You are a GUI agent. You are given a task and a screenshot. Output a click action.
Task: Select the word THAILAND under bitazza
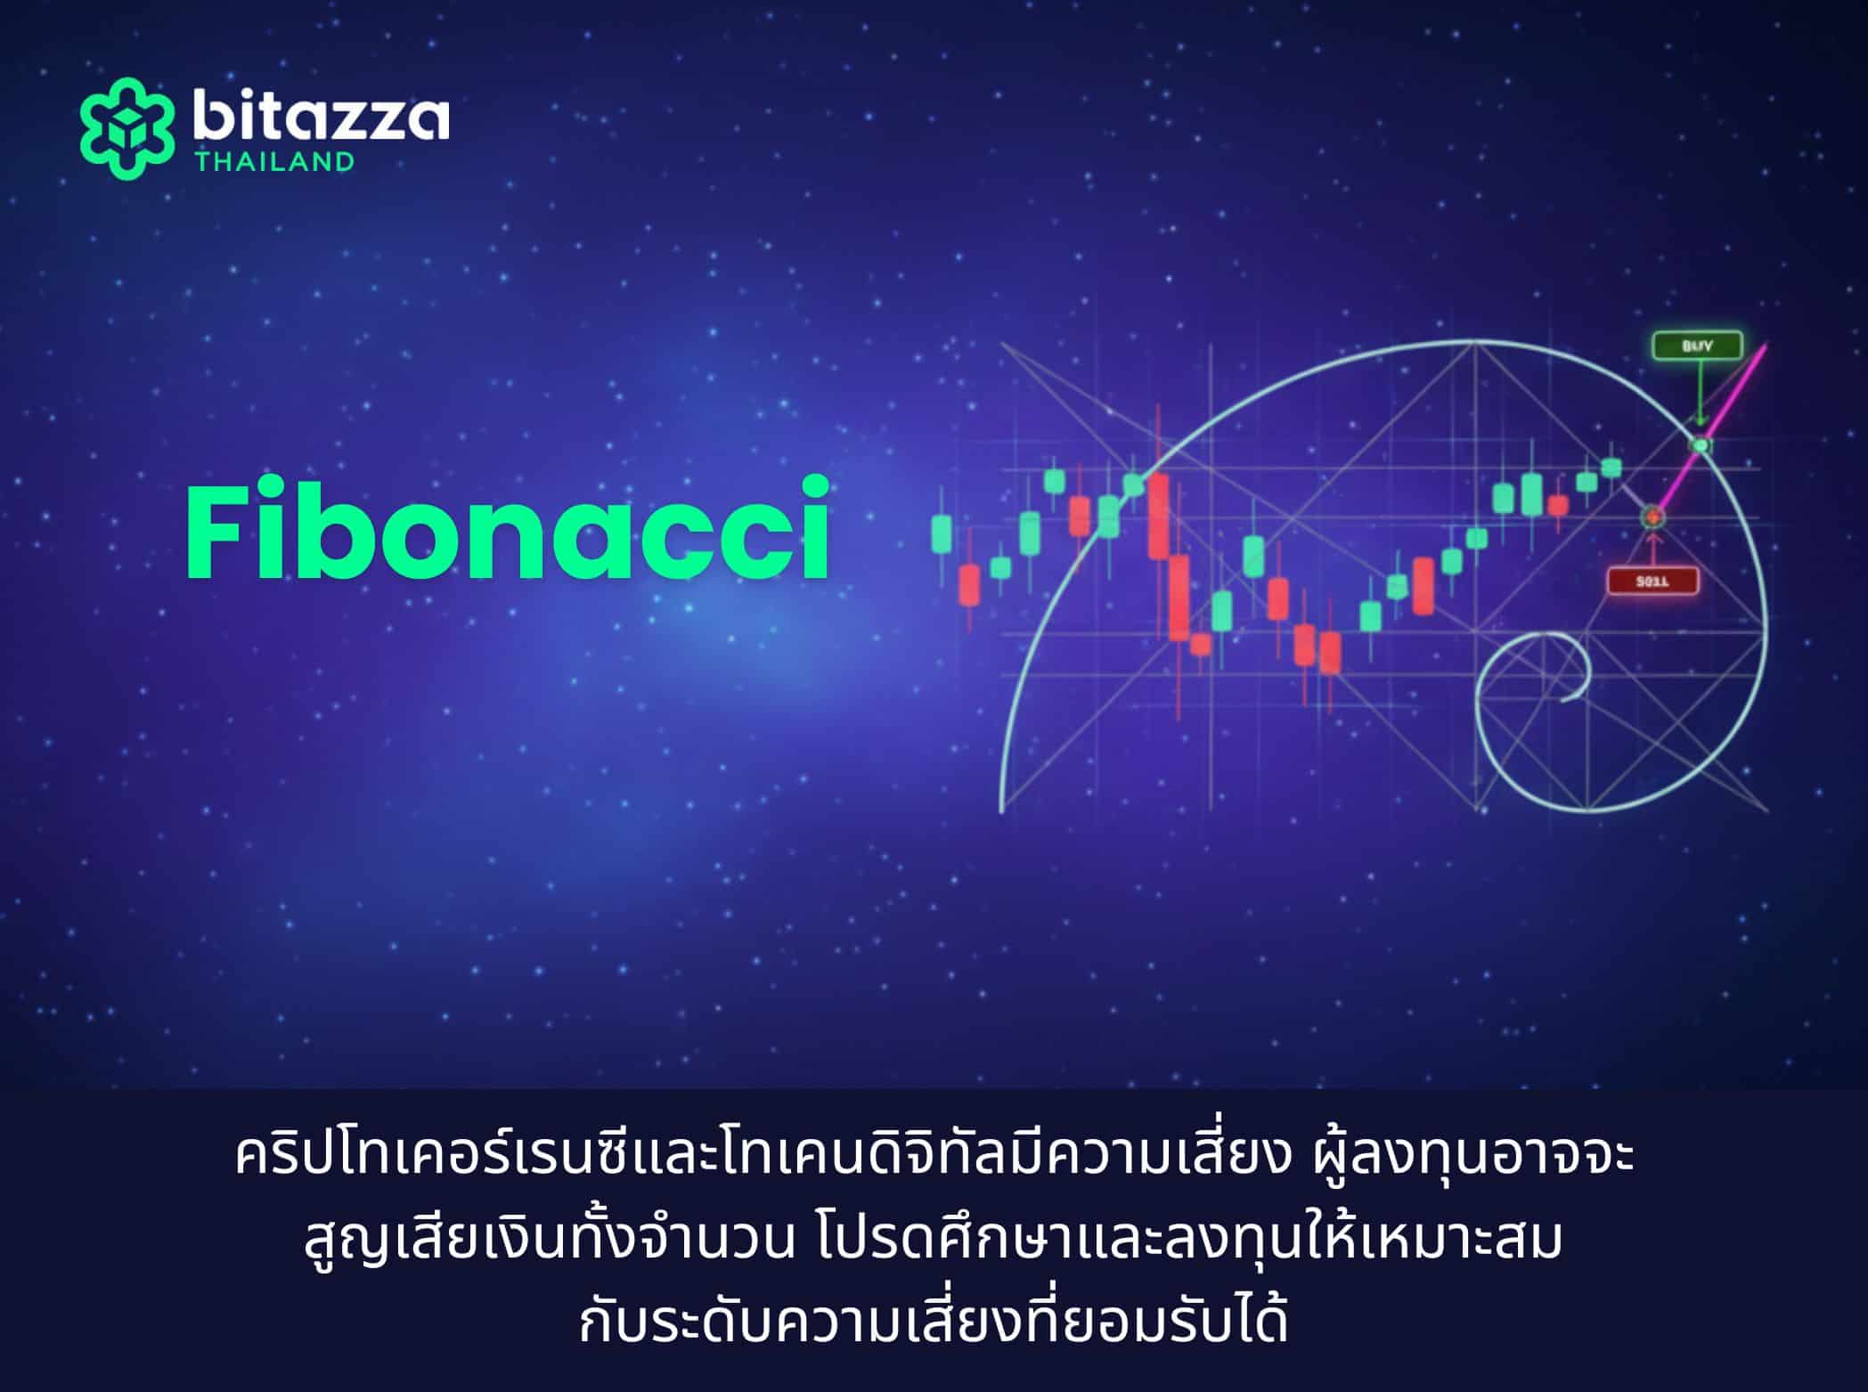pyautogui.click(x=275, y=162)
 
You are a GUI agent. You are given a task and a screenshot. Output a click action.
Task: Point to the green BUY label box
pyautogui.click(x=1697, y=346)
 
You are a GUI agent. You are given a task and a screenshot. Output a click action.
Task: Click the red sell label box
pyautogui.click(x=1652, y=582)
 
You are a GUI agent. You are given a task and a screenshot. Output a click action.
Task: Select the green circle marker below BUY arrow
pyautogui.click(x=1701, y=444)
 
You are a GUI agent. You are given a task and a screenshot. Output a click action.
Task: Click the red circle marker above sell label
pyautogui.click(x=1652, y=516)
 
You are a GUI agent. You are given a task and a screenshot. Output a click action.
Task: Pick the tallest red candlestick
pyautogui.click(x=1158, y=517)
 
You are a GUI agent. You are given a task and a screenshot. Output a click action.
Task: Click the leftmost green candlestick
pyautogui.click(x=942, y=533)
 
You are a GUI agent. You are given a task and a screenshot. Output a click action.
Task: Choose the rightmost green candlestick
pyautogui.click(x=1611, y=468)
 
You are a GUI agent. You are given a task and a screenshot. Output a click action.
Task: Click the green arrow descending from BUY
pyautogui.click(x=1700, y=401)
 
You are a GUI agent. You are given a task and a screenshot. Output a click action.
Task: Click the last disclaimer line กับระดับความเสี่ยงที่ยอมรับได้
pyautogui.click(x=933, y=1323)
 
